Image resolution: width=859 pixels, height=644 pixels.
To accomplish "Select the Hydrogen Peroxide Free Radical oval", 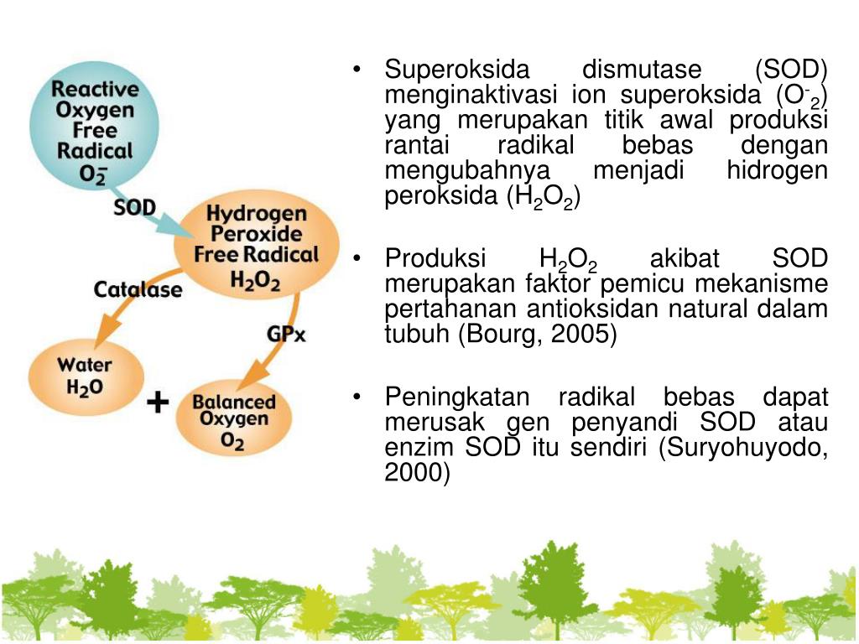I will point(256,247).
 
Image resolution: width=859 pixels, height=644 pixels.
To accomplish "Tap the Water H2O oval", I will point(84,377).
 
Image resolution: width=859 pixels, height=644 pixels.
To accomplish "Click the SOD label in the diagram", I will point(134,207).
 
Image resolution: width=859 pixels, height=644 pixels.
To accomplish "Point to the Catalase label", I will point(138,290).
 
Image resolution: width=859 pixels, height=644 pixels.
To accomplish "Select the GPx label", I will point(286,334).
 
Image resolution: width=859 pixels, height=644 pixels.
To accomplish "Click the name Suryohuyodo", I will point(743,448).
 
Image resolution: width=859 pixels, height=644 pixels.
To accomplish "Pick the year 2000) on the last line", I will point(417,474).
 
